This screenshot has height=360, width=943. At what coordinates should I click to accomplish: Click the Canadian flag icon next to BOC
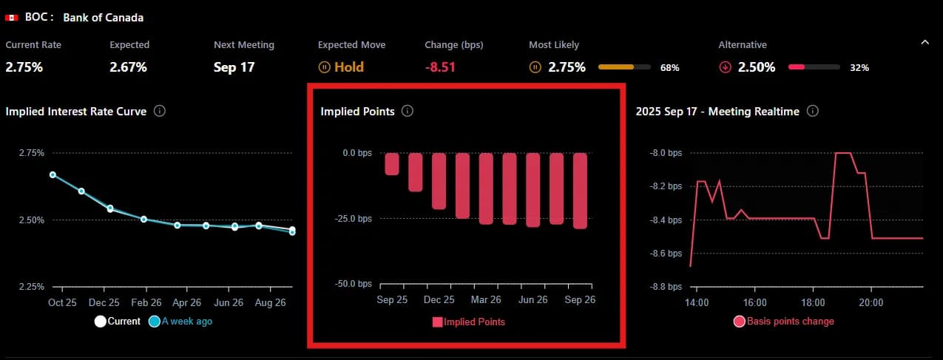[11, 17]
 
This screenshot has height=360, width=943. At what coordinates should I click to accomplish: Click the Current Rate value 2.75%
[24, 67]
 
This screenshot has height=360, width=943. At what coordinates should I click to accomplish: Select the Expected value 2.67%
[128, 67]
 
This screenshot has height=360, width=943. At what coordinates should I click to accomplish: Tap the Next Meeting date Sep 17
[234, 67]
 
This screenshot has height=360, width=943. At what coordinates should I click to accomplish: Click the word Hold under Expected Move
[349, 67]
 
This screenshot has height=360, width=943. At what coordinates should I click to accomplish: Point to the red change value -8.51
[440, 67]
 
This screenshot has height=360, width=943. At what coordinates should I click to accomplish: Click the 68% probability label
[669, 68]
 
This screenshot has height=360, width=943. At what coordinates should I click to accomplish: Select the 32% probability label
[859, 68]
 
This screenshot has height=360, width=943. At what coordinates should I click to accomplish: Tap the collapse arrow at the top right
[925, 43]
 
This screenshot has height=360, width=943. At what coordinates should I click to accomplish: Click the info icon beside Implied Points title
[408, 111]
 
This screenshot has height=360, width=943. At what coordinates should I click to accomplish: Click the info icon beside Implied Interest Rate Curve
[159, 111]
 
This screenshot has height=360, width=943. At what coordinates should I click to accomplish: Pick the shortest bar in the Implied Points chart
[392, 163]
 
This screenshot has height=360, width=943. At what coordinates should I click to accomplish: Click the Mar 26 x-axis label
[486, 300]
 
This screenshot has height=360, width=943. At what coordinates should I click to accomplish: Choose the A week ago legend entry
[180, 322]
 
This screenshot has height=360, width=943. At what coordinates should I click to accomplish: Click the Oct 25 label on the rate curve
[62, 303]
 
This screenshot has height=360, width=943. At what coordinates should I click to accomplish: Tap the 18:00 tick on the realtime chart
[814, 302]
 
